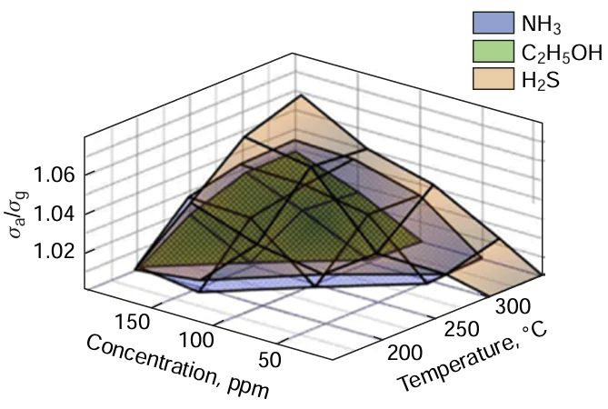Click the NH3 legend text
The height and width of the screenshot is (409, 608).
pos(540,23)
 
